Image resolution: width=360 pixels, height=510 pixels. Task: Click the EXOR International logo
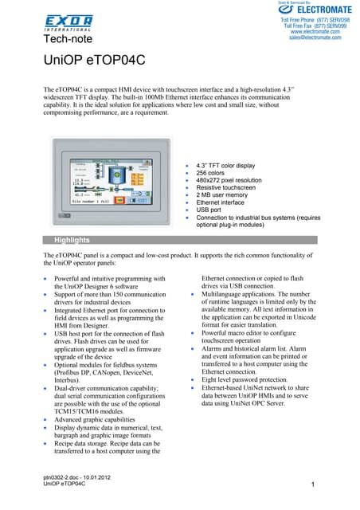pyautogui.click(x=68, y=22)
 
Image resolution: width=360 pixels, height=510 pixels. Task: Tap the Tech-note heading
pyautogui.click(x=68, y=38)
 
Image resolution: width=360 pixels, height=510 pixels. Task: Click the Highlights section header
pyautogui.click(x=72, y=240)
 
